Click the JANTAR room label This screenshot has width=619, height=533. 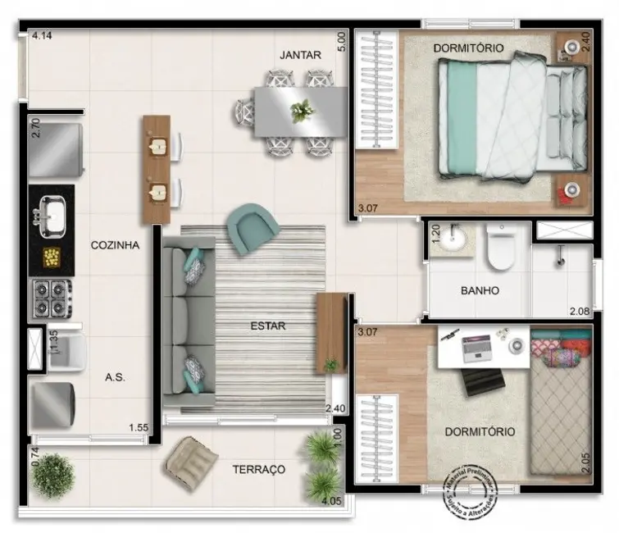pos(300,55)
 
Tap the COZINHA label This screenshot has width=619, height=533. pos(115,244)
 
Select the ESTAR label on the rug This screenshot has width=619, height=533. pos(268,326)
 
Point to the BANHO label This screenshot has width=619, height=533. pos(480,290)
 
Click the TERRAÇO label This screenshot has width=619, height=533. pos(258,469)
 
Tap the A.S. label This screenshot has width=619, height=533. pos(115,377)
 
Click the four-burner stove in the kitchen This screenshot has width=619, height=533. pos(51,296)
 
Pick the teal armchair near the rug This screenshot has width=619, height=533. pos(253,229)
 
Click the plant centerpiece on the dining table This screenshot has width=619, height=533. pos(302,110)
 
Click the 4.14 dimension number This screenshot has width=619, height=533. pos(42,36)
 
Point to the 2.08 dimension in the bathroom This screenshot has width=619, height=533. pos(580,310)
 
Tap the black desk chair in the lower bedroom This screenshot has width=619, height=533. pos(479,384)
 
